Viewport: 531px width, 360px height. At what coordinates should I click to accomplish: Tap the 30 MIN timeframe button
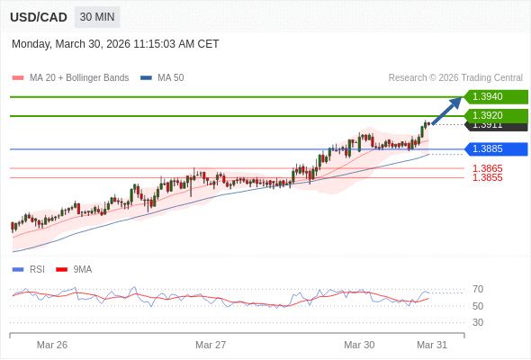97,17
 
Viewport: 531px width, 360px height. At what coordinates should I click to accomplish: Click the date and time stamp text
115,44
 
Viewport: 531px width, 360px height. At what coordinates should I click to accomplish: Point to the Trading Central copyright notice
455,78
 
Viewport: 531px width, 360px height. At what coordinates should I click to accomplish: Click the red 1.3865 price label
488,168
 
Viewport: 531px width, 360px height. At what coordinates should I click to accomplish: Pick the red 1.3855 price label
488,177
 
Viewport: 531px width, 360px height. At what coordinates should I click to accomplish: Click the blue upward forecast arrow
446,110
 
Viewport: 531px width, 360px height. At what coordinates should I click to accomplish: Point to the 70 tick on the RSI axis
478,289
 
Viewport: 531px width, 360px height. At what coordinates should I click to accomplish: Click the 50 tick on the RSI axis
478,306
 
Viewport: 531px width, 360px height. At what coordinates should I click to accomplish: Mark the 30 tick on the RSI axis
478,322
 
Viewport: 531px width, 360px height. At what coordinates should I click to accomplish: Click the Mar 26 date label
52,345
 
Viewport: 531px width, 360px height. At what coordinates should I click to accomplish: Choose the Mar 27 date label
211,345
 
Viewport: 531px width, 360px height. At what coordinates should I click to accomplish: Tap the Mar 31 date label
432,345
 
